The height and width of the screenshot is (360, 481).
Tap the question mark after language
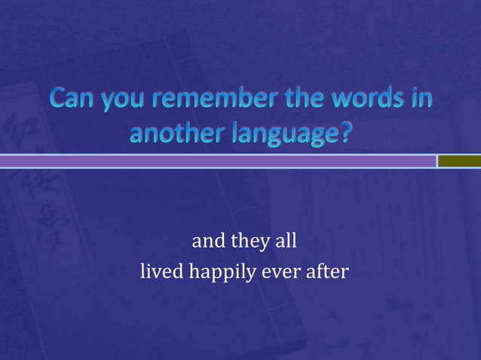(344, 133)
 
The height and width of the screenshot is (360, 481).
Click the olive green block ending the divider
(459, 161)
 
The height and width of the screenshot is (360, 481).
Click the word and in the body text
(208, 243)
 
